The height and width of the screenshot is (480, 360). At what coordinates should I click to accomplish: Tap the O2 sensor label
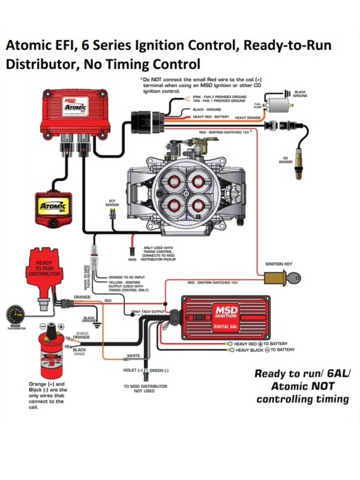click(x=286, y=160)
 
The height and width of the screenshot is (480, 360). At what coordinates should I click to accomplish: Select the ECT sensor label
click(x=112, y=204)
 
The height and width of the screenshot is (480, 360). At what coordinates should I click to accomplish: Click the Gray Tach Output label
click(x=148, y=312)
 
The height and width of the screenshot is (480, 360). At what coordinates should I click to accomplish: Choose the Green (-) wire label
click(x=158, y=370)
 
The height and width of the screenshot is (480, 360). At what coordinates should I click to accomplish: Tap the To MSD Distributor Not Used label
click(x=145, y=388)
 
